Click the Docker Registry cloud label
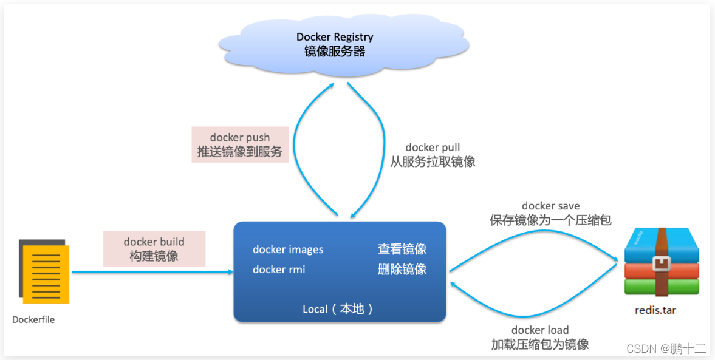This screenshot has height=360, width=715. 334,37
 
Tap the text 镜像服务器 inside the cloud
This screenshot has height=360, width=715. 334,52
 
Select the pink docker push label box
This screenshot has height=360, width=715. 240,144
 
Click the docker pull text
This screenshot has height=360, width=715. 433,148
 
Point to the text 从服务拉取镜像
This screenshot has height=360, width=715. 433,161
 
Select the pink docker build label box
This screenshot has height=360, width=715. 154,249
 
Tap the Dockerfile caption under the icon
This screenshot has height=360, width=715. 33,320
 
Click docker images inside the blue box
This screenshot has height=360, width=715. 288,250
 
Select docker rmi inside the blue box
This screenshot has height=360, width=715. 279,270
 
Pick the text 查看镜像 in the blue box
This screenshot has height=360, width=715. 402,250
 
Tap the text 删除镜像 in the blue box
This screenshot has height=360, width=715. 402,270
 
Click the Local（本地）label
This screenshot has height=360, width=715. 338,309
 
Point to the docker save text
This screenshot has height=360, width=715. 550,206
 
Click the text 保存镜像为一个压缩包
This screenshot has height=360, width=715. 550,220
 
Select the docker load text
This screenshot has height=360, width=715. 540,330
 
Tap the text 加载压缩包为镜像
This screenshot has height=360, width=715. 540,344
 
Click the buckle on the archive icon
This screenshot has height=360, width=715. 662,263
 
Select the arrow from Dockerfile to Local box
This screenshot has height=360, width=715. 152,272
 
